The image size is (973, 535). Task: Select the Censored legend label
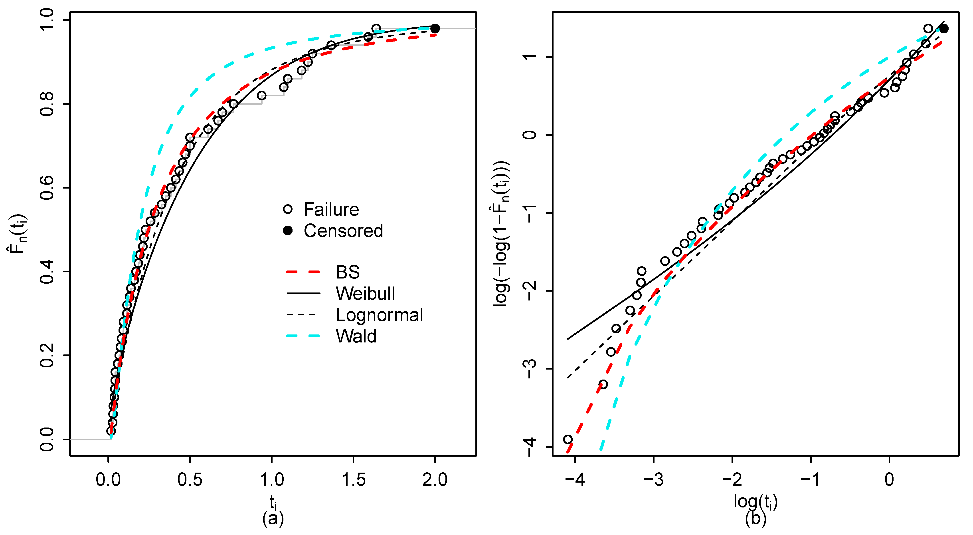(x=343, y=231)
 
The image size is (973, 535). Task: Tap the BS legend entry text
(x=348, y=272)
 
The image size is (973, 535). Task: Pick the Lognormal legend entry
(x=379, y=315)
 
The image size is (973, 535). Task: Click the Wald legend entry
(x=356, y=336)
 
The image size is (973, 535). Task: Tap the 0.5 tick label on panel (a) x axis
(x=190, y=480)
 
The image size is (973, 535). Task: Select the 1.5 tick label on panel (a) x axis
(x=354, y=480)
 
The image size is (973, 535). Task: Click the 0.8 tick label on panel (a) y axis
(x=47, y=104)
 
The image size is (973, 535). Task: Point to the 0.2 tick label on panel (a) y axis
(x=47, y=356)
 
